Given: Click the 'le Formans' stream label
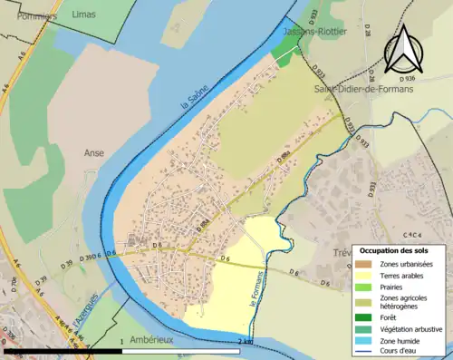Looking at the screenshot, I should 256,287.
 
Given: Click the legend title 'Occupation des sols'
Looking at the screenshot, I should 400,250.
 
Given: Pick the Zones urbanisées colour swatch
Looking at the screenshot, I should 370,263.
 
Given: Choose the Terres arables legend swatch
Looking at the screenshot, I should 370,275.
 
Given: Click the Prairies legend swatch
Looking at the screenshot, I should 370,287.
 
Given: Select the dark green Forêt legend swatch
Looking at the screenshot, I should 370,316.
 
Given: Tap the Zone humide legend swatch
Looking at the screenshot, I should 370,339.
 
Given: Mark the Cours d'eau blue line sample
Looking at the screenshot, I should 370,350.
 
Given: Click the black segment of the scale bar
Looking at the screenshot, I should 63,351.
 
